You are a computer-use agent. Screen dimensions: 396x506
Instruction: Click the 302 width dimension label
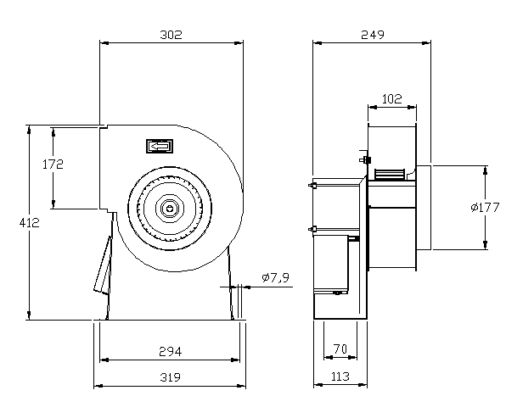click(171, 35)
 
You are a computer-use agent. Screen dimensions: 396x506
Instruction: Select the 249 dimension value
click(372, 35)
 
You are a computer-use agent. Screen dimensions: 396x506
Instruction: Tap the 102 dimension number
click(391, 99)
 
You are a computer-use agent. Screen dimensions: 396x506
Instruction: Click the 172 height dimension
click(53, 165)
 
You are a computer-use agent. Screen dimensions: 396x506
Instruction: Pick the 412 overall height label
click(29, 223)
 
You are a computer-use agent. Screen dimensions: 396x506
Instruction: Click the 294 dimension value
click(171, 351)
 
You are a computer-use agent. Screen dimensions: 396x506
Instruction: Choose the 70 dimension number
click(340, 348)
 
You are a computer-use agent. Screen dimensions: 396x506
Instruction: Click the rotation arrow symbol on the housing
click(159, 147)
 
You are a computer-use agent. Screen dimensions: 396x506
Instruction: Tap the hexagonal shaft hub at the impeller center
click(170, 205)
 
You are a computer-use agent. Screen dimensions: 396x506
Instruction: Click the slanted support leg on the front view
click(104, 265)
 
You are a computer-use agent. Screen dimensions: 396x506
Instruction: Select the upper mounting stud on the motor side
click(312, 186)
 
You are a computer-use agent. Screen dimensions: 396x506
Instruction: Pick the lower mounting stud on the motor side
click(312, 227)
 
